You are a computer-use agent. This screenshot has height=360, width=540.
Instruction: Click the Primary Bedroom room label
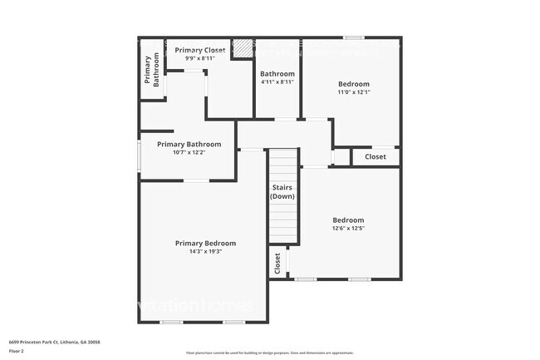(x=205, y=243)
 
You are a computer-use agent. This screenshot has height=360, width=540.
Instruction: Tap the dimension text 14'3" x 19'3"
(x=205, y=251)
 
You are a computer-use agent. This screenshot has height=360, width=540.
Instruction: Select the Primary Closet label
(x=199, y=51)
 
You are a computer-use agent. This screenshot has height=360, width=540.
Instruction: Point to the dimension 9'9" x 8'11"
(x=199, y=58)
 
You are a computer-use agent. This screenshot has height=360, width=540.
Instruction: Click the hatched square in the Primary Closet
(x=242, y=49)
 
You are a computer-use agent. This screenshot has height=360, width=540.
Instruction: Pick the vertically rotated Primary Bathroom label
(x=151, y=71)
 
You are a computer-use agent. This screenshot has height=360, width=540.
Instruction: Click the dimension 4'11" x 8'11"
(x=277, y=81)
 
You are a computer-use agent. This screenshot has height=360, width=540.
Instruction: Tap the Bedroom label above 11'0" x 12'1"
(x=354, y=84)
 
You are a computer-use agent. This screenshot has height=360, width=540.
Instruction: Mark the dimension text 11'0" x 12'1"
(x=354, y=92)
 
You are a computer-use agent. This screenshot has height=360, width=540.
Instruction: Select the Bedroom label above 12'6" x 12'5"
(x=348, y=220)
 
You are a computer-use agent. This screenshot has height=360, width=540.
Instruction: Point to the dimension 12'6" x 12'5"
(x=348, y=229)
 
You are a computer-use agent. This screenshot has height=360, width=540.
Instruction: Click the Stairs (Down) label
(x=282, y=192)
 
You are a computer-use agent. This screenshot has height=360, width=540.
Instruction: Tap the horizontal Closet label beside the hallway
(x=376, y=156)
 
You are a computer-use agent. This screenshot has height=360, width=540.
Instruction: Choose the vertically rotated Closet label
(x=277, y=264)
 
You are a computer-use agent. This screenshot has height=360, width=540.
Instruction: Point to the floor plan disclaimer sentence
(x=269, y=353)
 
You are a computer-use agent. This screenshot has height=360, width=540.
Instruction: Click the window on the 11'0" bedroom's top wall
(x=354, y=37)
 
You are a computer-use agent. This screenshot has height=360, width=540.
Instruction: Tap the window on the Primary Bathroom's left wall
(x=139, y=157)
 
